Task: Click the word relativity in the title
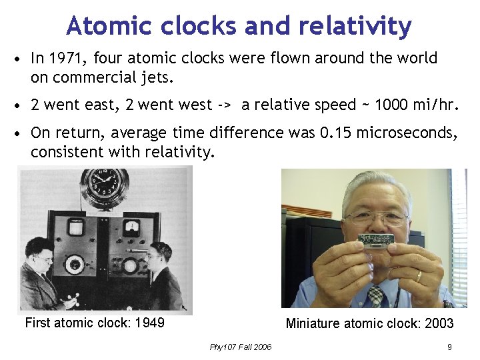pos(355,26)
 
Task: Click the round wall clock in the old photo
pos(105,187)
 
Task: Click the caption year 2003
pos(439,324)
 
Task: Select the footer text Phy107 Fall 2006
pos(240,347)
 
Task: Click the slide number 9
pos(450,347)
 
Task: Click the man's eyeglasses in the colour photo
pos(376,217)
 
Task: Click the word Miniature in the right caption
pos(315,324)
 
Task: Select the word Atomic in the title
pos(101,26)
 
